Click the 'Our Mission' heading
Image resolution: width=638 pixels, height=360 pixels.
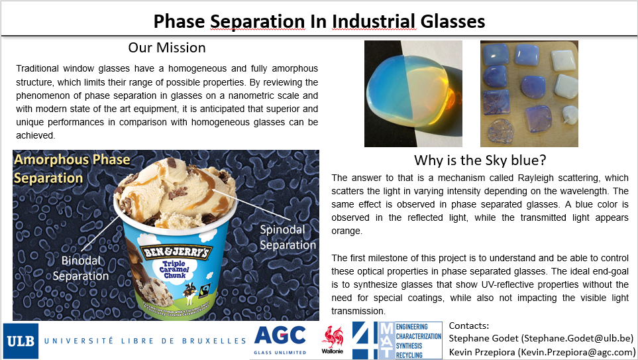click(167, 48)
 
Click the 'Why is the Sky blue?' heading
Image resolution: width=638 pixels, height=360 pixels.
click(480, 160)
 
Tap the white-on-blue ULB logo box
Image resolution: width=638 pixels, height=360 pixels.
click(21, 341)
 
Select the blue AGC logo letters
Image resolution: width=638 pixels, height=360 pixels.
click(280, 335)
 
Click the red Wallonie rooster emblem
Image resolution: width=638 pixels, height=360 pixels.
click(333, 337)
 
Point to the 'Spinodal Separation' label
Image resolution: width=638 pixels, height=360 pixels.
click(288, 237)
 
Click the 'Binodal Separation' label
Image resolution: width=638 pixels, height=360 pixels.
click(81, 269)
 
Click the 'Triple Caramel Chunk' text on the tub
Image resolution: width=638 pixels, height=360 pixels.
click(174, 270)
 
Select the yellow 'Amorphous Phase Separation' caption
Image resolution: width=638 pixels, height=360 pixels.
click(72, 168)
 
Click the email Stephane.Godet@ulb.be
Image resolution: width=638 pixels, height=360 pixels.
click(578, 338)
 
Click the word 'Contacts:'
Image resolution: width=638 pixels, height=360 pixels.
click(469, 326)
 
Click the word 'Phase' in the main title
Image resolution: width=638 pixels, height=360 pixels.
click(179, 21)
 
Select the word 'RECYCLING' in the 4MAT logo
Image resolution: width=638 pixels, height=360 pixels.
click(409, 355)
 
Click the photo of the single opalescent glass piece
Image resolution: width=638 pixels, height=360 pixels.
click(413, 93)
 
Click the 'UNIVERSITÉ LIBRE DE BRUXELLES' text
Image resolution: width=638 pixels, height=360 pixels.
click(145, 341)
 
